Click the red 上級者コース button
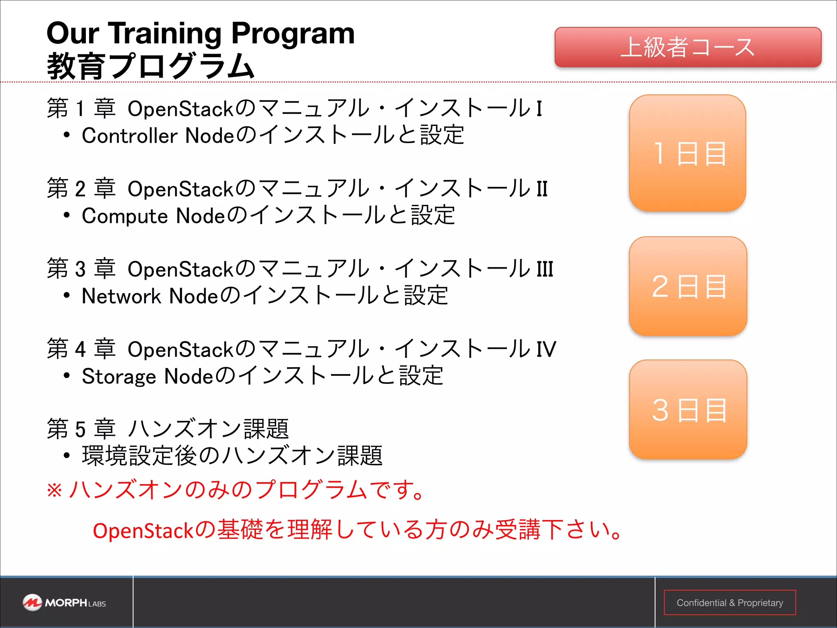point(688,47)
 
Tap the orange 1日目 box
point(687,153)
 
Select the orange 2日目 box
point(688,286)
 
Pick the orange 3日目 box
point(688,409)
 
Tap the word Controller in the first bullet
point(130,136)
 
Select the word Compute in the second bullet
point(125,216)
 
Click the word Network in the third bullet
point(121,296)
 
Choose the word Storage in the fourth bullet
point(119,376)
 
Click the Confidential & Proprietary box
point(730,603)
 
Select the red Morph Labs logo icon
point(32,603)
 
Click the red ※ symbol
point(55,490)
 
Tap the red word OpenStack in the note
point(143,531)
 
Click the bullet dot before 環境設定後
point(67,455)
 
